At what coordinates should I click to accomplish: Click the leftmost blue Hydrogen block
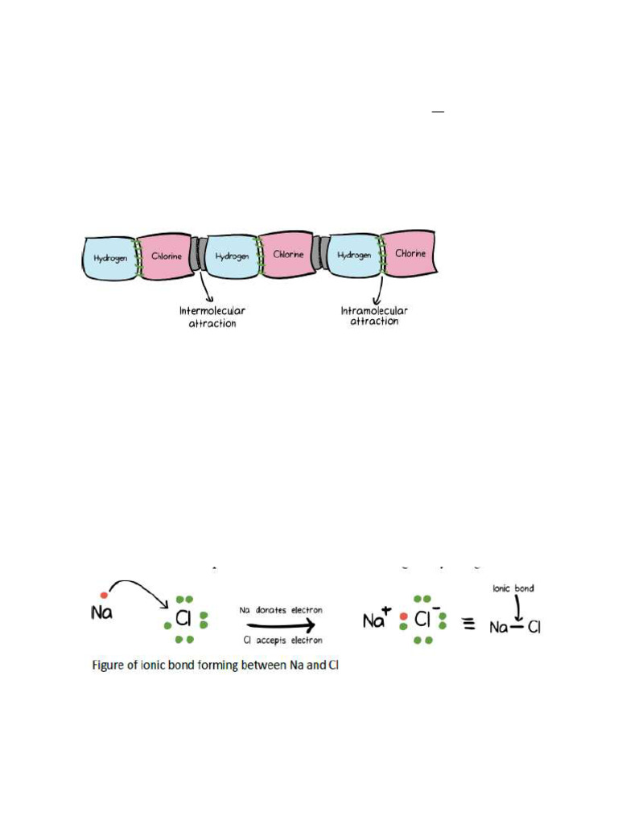point(109,258)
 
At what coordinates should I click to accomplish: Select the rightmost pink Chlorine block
point(410,253)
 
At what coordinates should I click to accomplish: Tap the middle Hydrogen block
point(232,256)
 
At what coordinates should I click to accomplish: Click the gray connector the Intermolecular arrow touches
point(198,254)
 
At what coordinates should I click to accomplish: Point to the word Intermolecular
point(212,311)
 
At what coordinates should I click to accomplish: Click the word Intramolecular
point(374,311)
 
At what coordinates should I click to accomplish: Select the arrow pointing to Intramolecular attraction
point(380,289)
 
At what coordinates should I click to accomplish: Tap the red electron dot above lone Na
point(104,595)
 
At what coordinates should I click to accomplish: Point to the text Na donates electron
point(281,611)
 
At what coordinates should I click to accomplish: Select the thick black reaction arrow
point(281,625)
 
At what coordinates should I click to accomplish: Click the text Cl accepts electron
point(282,641)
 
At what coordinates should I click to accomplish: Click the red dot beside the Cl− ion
point(404,616)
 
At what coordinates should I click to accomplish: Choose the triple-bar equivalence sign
point(468,624)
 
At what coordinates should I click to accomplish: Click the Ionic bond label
point(513,588)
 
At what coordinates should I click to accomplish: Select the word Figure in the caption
point(107,665)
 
